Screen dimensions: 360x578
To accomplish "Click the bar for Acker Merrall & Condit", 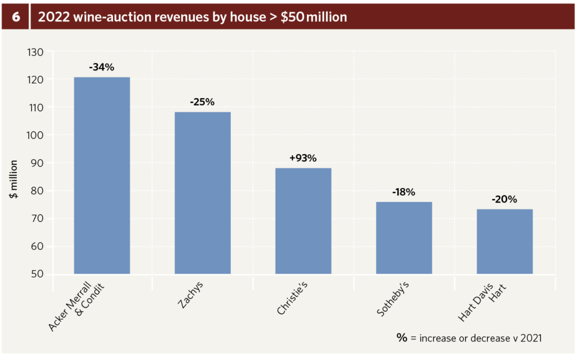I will pyautogui.click(x=102, y=175).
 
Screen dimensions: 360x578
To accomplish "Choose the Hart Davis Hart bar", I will pyautogui.click(x=505, y=242).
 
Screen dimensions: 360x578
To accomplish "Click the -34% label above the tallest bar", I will pyautogui.click(x=102, y=67).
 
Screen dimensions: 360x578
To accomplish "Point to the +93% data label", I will pyautogui.click(x=303, y=158).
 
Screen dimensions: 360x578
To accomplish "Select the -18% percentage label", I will pyautogui.click(x=404, y=192).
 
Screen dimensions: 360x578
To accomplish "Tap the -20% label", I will pyautogui.click(x=505, y=199).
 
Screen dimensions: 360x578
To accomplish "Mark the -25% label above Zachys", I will pyautogui.click(x=203, y=102).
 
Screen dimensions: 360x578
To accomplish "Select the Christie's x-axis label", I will pyautogui.click(x=294, y=301).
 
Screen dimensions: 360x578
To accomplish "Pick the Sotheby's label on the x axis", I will pyautogui.click(x=392, y=301).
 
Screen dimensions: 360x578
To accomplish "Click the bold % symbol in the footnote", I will pyautogui.click(x=402, y=337).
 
